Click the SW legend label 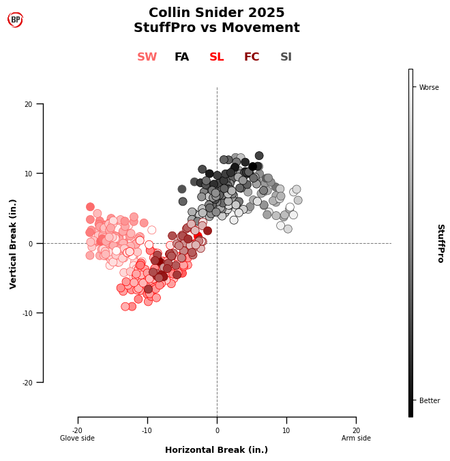[147, 57]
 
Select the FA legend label [181, 57]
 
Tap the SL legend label [217, 57]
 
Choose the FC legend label [252, 57]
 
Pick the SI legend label [286, 57]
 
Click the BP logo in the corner [15, 20]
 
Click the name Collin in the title [171, 13]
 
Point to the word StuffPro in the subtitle [164, 28]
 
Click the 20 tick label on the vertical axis [29, 104]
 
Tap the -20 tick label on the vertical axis [27, 383]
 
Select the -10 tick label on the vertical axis [27, 313]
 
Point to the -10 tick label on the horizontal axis [147, 430]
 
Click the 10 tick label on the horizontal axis [286, 430]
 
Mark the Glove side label [78, 438]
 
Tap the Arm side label [356, 438]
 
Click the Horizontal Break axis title [217, 450]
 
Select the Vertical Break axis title [14, 244]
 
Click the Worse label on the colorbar [429, 87]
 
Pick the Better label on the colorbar [430, 400]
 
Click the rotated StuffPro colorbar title [440, 243]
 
